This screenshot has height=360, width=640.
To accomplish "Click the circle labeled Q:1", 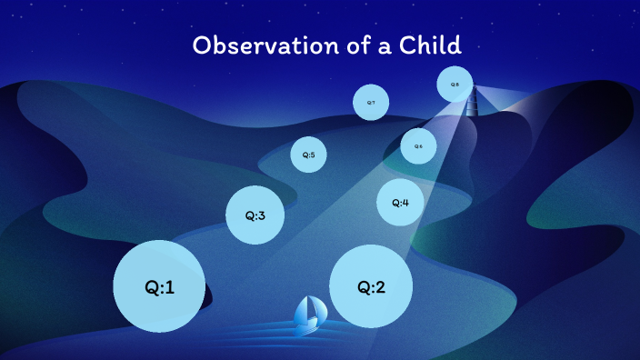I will click(159, 285).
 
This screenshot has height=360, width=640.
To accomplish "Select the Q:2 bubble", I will click(371, 286).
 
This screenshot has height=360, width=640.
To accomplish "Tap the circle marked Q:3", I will click(255, 215).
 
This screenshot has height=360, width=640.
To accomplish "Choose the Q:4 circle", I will click(400, 202).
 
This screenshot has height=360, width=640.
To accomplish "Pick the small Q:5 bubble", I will click(308, 155).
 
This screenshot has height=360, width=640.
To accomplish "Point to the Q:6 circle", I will click(418, 145).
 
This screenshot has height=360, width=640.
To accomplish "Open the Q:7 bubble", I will click(371, 103).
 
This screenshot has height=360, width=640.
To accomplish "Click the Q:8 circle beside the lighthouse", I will click(455, 85).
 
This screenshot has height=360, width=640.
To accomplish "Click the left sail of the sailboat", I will click(302, 311).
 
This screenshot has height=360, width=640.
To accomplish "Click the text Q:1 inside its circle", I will click(159, 287).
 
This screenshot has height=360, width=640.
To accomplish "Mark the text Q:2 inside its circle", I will click(371, 287).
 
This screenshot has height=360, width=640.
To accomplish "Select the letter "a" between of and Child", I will click(380, 48).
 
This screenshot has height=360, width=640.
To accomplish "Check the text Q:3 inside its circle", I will click(255, 216).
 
